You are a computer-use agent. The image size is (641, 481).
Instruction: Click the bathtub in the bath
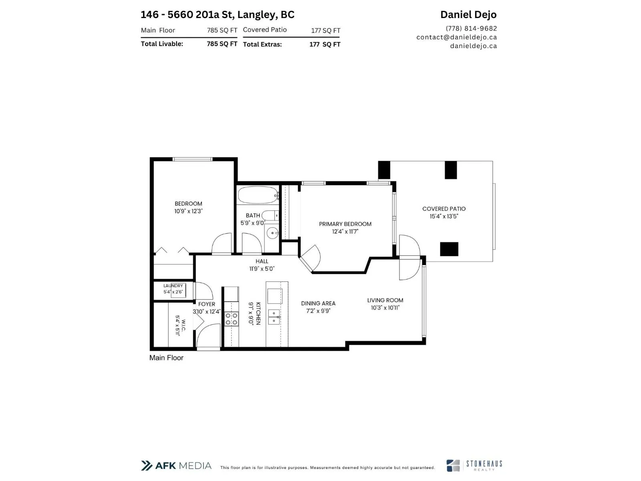tap(258, 194)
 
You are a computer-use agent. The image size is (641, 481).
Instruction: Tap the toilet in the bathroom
tap(270, 216)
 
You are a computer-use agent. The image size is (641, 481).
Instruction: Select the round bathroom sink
tap(272, 233)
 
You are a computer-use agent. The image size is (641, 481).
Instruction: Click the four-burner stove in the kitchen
tap(231, 319)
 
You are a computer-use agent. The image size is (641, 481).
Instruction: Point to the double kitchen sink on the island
tap(274, 317)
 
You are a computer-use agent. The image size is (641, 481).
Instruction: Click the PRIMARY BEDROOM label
tap(345, 224)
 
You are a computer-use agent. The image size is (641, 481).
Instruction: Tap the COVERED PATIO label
tap(444, 209)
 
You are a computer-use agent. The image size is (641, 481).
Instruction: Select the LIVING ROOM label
tap(385, 300)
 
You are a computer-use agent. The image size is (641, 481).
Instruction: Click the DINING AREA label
tap(318, 303)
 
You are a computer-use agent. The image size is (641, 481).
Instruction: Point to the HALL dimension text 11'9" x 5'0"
tap(262, 269)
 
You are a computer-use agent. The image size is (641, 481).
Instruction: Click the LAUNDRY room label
tap(173, 286)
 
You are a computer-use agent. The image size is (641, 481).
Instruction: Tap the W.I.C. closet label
tap(183, 325)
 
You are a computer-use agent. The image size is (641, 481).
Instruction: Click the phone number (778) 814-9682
tap(471, 28)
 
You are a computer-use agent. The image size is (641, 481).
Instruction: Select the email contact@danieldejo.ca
tap(456, 37)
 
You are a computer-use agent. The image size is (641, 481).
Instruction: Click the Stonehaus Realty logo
tap(474, 465)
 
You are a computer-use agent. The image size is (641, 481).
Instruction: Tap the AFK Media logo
tap(176, 465)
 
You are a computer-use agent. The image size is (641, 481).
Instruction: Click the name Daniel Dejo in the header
tap(468, 14)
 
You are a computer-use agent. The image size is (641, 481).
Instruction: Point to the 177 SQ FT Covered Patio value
tap(325, 30)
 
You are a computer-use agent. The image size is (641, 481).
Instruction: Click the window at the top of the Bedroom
tap(192, 159)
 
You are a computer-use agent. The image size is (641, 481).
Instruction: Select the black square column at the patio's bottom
tap(449, 249)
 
